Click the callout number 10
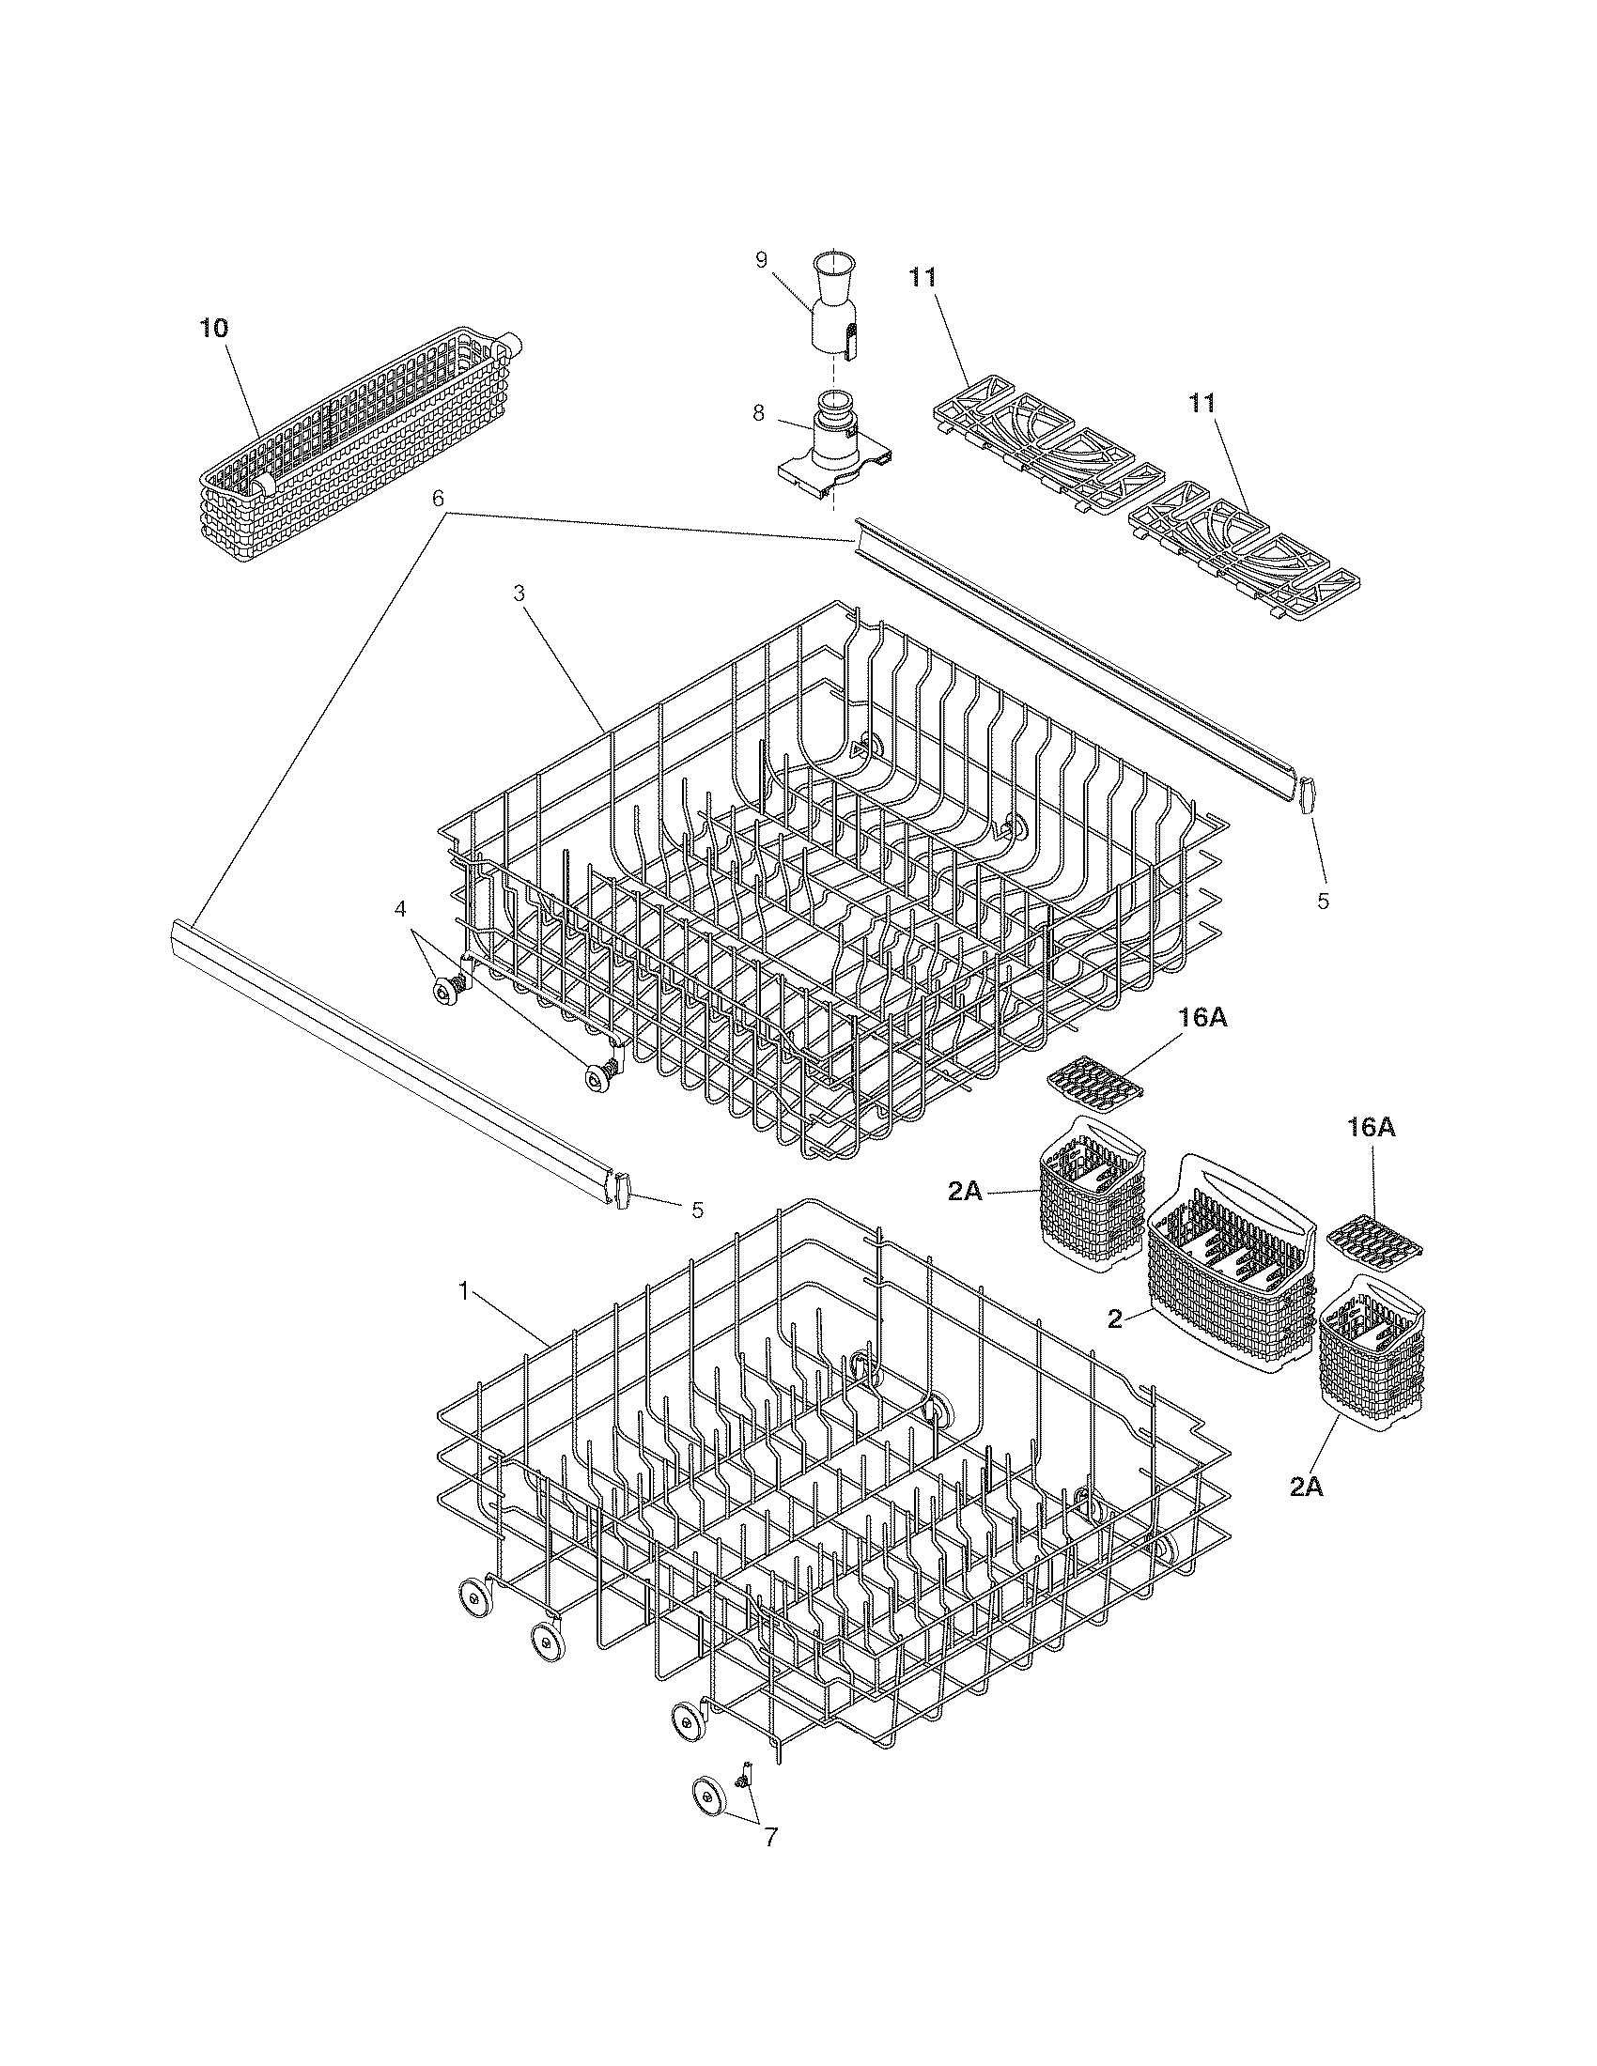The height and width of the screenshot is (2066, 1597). (x=214, y=330)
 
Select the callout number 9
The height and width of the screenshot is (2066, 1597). (x=762, y=261)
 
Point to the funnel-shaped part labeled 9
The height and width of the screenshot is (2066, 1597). (x=833, y=307)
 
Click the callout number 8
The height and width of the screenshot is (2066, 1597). (x=759, y=413)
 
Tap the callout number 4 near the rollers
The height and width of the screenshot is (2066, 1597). (x=401, y=908)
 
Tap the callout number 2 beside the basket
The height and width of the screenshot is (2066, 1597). (x=1115, y=1318)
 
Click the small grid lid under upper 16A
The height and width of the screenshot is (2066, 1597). (x=1095, y=1079)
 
